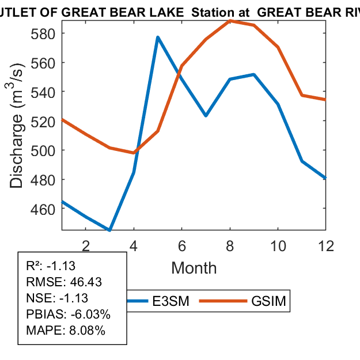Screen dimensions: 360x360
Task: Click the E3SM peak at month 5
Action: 157,37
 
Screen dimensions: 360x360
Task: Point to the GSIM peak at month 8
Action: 230,21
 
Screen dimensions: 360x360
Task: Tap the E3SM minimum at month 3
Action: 109,230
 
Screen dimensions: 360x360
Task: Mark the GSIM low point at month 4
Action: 134,153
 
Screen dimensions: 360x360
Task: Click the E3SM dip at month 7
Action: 206,116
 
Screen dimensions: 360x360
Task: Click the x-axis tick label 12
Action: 326,246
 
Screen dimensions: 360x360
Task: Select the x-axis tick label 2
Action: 86,246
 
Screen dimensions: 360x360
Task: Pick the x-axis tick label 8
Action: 230,246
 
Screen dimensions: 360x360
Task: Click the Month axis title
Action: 194,268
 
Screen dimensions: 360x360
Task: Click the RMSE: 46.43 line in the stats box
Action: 55,282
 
